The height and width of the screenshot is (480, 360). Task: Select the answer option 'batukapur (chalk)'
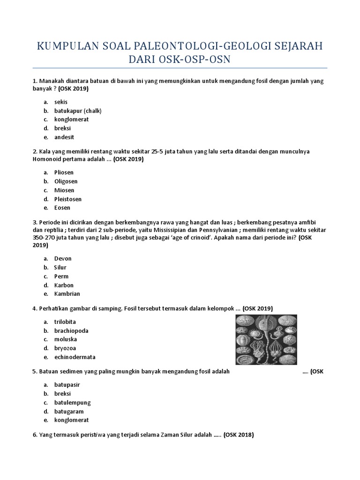click(78, 111)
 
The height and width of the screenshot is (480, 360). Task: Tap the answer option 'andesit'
click(64, 137)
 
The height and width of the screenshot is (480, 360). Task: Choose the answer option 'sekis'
click(61, 102)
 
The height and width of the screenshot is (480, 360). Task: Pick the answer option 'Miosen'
click(64, 190)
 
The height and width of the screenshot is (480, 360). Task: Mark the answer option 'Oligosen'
click(66, 181)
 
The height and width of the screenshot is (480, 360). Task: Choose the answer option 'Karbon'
click(64, 285)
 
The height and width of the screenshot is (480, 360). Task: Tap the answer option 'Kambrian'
click(67, 294)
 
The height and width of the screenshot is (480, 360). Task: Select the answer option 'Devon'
click(63, 258)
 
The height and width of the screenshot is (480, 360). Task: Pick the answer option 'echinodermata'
click(75, 357)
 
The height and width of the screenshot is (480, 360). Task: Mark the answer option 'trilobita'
click(65, 322)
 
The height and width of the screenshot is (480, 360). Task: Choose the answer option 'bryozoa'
click(65, 348)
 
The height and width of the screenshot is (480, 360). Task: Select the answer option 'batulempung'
click(72, 403)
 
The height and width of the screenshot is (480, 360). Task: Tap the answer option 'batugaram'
click(69, 412)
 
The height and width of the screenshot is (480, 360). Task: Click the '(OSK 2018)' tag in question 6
click(239, 435)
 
